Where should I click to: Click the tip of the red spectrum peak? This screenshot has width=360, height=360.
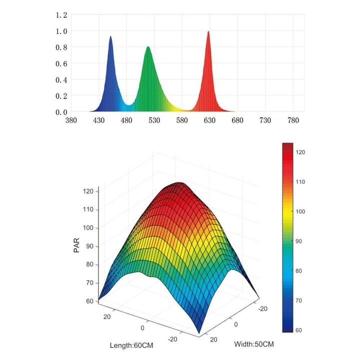pos(208,31)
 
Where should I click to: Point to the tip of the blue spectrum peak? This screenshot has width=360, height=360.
pos(110,36)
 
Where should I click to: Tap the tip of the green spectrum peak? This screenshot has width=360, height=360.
pos(148,47)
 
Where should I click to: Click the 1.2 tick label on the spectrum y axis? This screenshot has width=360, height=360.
pos(61,15)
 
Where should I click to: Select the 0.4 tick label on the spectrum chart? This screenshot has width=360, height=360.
pos(61,79)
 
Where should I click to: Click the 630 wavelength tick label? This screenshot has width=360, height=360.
pos(209,120)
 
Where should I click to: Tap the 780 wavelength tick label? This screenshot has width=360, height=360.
pos(292,120)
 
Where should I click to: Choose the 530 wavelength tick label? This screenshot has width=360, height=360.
pos(154,120)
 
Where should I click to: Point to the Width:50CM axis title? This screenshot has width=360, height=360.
pos(254,344)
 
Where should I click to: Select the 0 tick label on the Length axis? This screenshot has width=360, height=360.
pos(142,327)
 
